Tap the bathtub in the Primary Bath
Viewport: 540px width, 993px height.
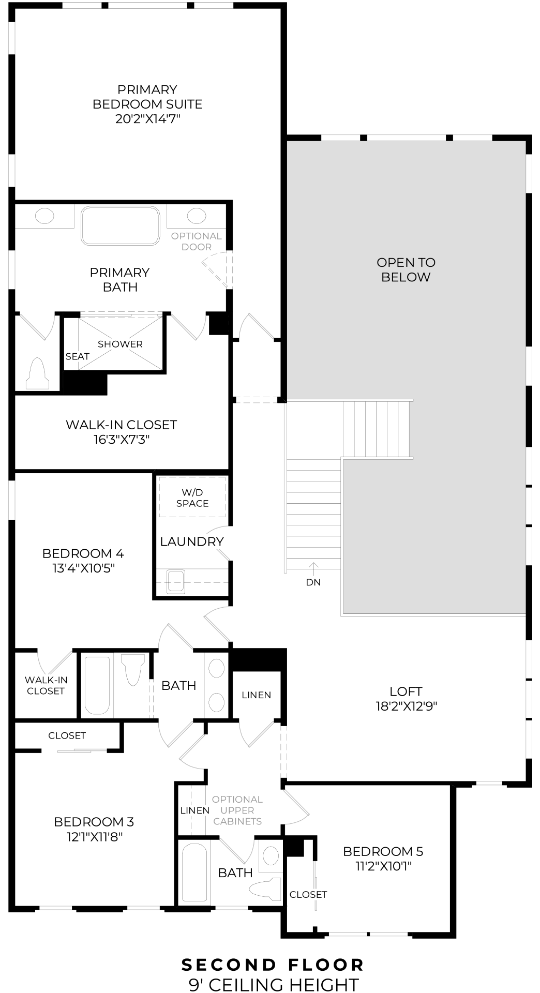point(120,226)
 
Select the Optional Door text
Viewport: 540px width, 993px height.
point(197,242)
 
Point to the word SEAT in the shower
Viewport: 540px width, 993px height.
point(78,356)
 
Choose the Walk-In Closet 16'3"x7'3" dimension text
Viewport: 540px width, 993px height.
point(122,440)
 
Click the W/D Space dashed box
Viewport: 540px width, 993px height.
point(192,498)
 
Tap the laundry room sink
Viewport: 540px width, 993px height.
point(176,581)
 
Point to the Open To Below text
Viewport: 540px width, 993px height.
point(406,269)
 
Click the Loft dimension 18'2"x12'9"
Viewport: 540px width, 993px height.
point(406,706)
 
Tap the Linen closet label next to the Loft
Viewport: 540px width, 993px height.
point(257,695)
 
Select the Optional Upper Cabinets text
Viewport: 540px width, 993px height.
point(237,810)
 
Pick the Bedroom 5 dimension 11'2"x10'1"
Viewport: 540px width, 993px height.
point(383,866)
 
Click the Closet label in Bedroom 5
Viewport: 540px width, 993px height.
point(308,894)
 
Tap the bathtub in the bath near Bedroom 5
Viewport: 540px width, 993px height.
point(194,872)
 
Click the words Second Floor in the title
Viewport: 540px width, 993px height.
point(273,965)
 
